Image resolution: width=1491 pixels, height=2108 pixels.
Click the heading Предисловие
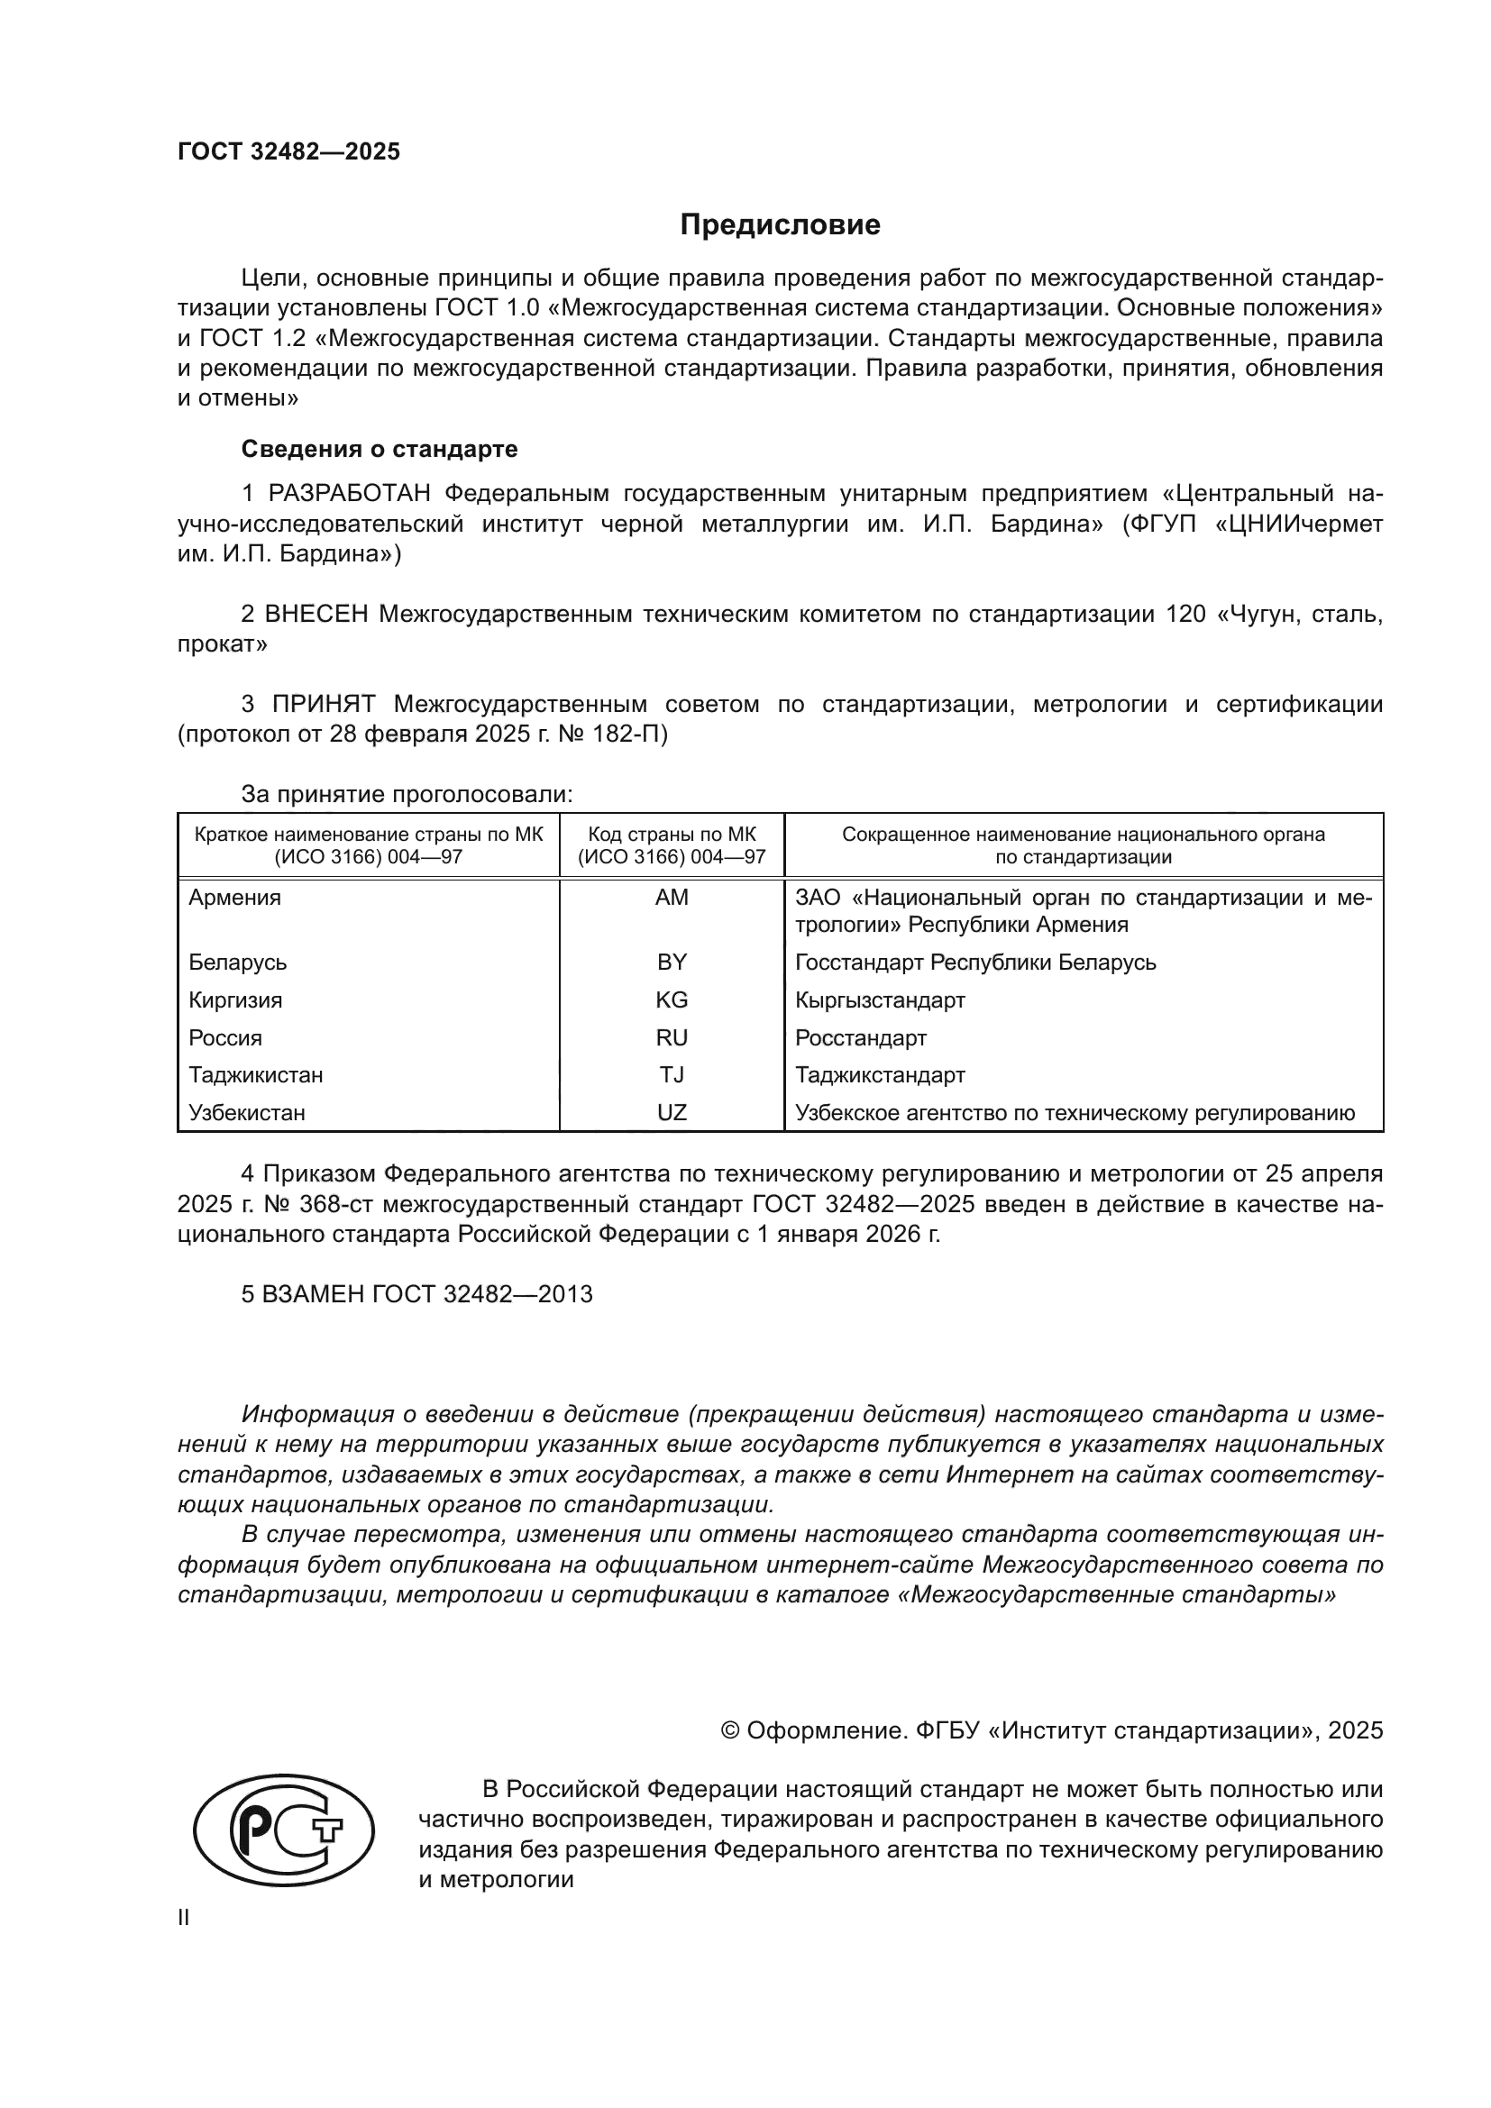tap(780, 225)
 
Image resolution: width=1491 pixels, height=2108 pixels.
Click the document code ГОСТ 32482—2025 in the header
tap(289, 151)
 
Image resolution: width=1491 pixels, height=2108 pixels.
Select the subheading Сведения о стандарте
tap(380, 449)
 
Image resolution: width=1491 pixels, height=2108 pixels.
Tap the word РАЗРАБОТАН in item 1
tap(349, 494)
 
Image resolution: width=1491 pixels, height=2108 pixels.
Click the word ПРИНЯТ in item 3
tap(325, 704)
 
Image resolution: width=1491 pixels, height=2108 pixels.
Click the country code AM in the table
tap(672, 898)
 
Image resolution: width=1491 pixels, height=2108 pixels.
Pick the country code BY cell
tap(672, 963)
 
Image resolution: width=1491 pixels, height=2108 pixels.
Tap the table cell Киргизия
tap(235, 999)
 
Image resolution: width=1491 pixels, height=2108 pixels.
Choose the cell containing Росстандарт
tap(860, 1037)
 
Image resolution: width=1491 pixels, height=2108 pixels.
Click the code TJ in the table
tap(672, 1075)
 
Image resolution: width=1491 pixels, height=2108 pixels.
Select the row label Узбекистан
tap(246, 1113)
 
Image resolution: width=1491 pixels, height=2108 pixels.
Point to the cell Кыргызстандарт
tap(880, 999)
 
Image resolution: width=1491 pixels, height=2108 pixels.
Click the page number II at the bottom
tap(184, 1917)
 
